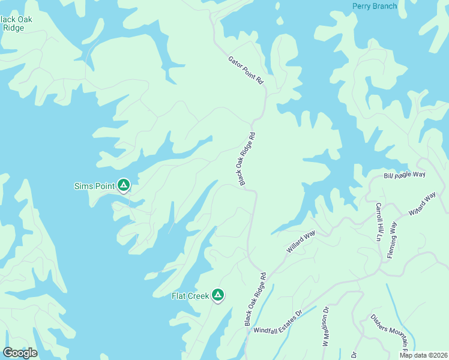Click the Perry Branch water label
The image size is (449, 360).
tap(374, 7)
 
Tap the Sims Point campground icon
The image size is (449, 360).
tap(123, 186)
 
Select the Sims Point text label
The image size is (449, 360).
tap(94, 186)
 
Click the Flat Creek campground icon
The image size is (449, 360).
tap(218, 295)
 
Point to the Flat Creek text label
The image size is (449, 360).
tap(190, 296)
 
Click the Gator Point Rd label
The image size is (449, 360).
tap(246, 70)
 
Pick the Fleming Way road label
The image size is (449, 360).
tap(393, 239)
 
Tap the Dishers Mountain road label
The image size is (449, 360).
tap(389, 332)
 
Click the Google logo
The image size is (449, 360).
tap(20, 353)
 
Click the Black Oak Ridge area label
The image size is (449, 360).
tap(16, 23)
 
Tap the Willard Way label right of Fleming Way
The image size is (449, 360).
tap(423, 205)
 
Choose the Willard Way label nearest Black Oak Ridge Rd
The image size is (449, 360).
tap(301, 241)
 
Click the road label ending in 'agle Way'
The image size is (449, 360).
tap(404, 175)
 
